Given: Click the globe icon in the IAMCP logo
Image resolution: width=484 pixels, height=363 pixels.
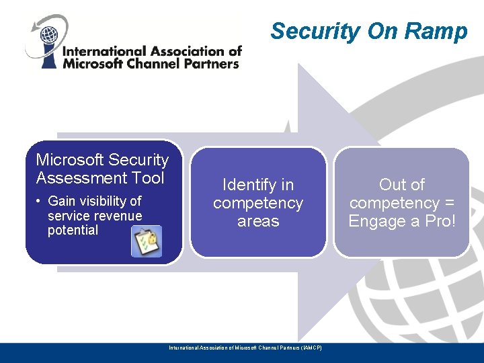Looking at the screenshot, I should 49,34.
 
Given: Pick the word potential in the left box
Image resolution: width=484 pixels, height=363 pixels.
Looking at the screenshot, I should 73,230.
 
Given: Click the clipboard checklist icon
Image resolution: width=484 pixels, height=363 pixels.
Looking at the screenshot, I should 146,241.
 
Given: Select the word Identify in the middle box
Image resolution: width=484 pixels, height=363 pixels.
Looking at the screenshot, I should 249,184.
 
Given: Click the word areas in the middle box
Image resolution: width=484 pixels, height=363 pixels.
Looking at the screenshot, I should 258,221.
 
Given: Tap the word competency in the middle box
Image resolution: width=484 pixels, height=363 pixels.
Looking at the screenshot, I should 258,203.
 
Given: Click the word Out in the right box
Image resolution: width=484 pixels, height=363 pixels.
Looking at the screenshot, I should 393,184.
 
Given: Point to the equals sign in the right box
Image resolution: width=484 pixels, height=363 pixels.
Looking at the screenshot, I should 448,203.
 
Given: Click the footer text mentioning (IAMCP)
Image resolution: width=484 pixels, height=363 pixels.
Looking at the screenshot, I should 245,348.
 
